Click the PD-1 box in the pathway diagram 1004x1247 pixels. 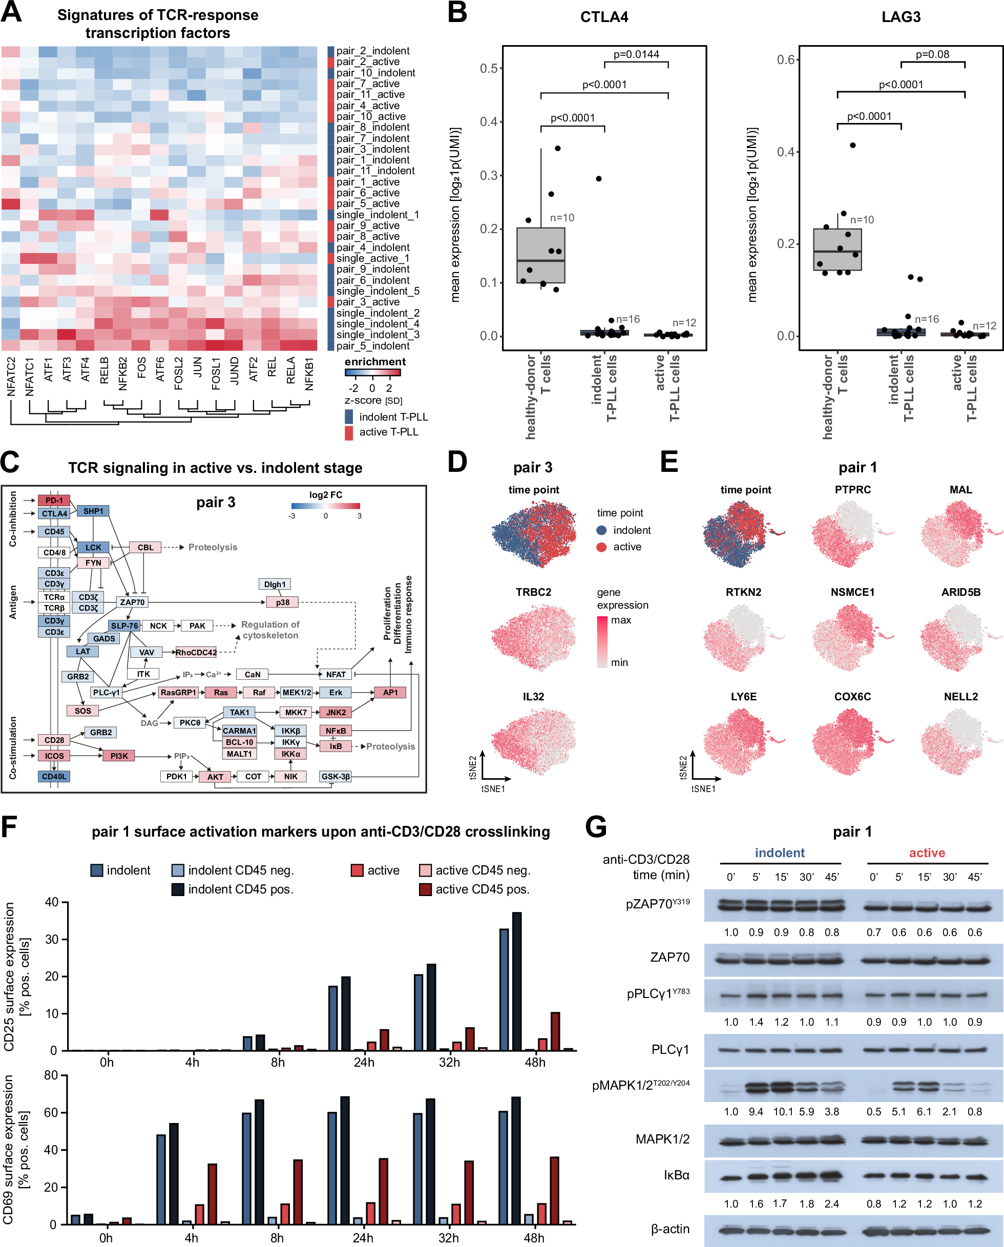tap(54, 501)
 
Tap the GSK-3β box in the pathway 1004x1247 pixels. tap(336, 776)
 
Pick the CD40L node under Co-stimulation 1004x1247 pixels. tap(54, 776)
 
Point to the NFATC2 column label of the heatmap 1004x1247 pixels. tap(11, 377)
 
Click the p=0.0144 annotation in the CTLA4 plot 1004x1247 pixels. tap(636, 54)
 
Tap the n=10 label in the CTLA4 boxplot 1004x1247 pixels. tap(561, 218)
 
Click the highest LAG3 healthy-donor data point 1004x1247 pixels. tap(852, 145)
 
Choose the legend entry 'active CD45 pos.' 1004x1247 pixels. tap(482, 889)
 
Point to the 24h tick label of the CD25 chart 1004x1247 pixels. tap(364, 1063)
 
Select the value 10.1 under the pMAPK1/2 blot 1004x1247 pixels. tap(783, 1112)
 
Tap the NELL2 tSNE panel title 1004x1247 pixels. tap(960, 697)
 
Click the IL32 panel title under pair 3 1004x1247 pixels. tap(533, 697)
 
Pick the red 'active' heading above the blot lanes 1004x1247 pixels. tap(927, 853)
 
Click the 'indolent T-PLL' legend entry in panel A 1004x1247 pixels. tap(393, 417)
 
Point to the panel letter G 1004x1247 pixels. tap(595, 827)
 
